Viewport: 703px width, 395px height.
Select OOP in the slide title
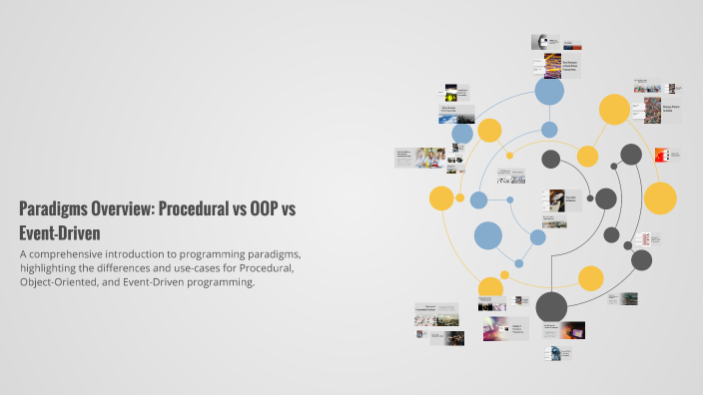pos(261,210)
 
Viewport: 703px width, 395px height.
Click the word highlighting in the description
pos(52,268)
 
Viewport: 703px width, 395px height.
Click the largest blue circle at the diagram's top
pos(549,91)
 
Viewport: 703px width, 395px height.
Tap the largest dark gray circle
pos(551,306)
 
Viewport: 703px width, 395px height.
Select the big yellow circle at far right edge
pos(660,197)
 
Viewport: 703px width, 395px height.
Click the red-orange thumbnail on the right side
pos(660,155)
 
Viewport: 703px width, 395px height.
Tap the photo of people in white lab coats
pos(430,157)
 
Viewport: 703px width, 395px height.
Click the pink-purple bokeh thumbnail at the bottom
pos(495,330)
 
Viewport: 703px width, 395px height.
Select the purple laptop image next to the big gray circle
pos(572,329)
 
